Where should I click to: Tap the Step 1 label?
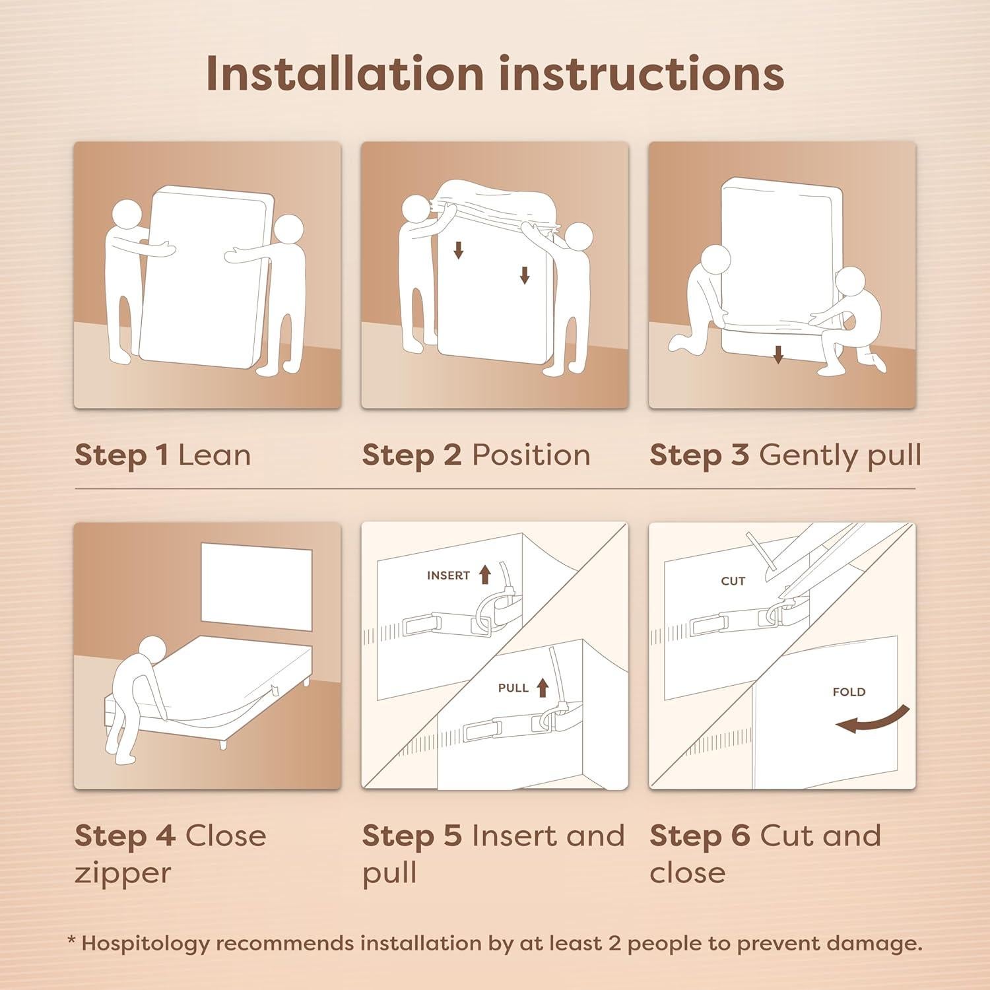tap(121, 455)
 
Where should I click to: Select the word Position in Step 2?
tap(531, 455)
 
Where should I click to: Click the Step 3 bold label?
tap(699, 455)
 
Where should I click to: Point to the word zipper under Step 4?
tap(123, 873)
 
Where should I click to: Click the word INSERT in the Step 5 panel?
tap(448, 576)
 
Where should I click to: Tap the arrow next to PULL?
tap(543, 688)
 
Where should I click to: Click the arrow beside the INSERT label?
tap(485, 575)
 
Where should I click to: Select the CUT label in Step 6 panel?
tap(733, 581)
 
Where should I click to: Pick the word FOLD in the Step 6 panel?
tap(849, 692)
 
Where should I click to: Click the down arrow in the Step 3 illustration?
tap(778, 356)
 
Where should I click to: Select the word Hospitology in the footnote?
tap(145, 943)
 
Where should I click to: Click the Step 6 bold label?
tap(699, 836)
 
